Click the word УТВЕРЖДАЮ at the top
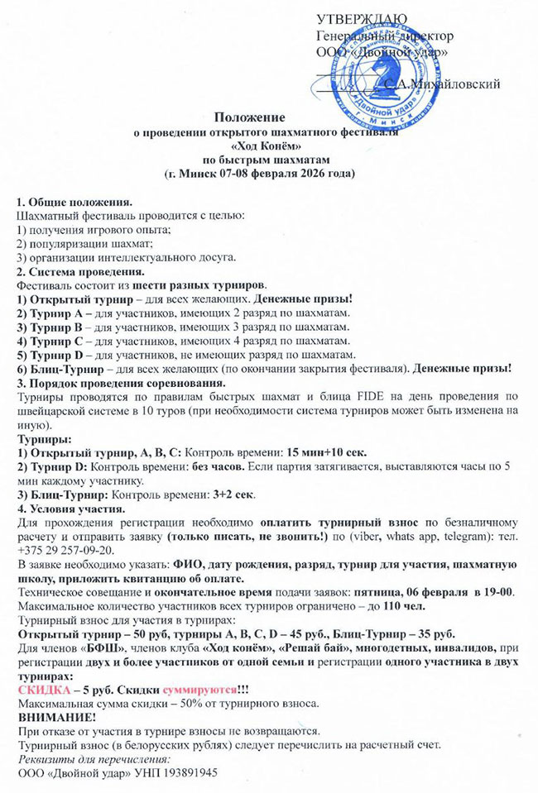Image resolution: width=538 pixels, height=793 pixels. pyautogui.click(x=361, y=18)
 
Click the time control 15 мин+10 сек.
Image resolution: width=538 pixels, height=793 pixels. pyautogui.click(x=326, y=452)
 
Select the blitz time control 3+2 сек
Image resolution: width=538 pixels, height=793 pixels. pyautogui.click(x=231, y=494)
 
